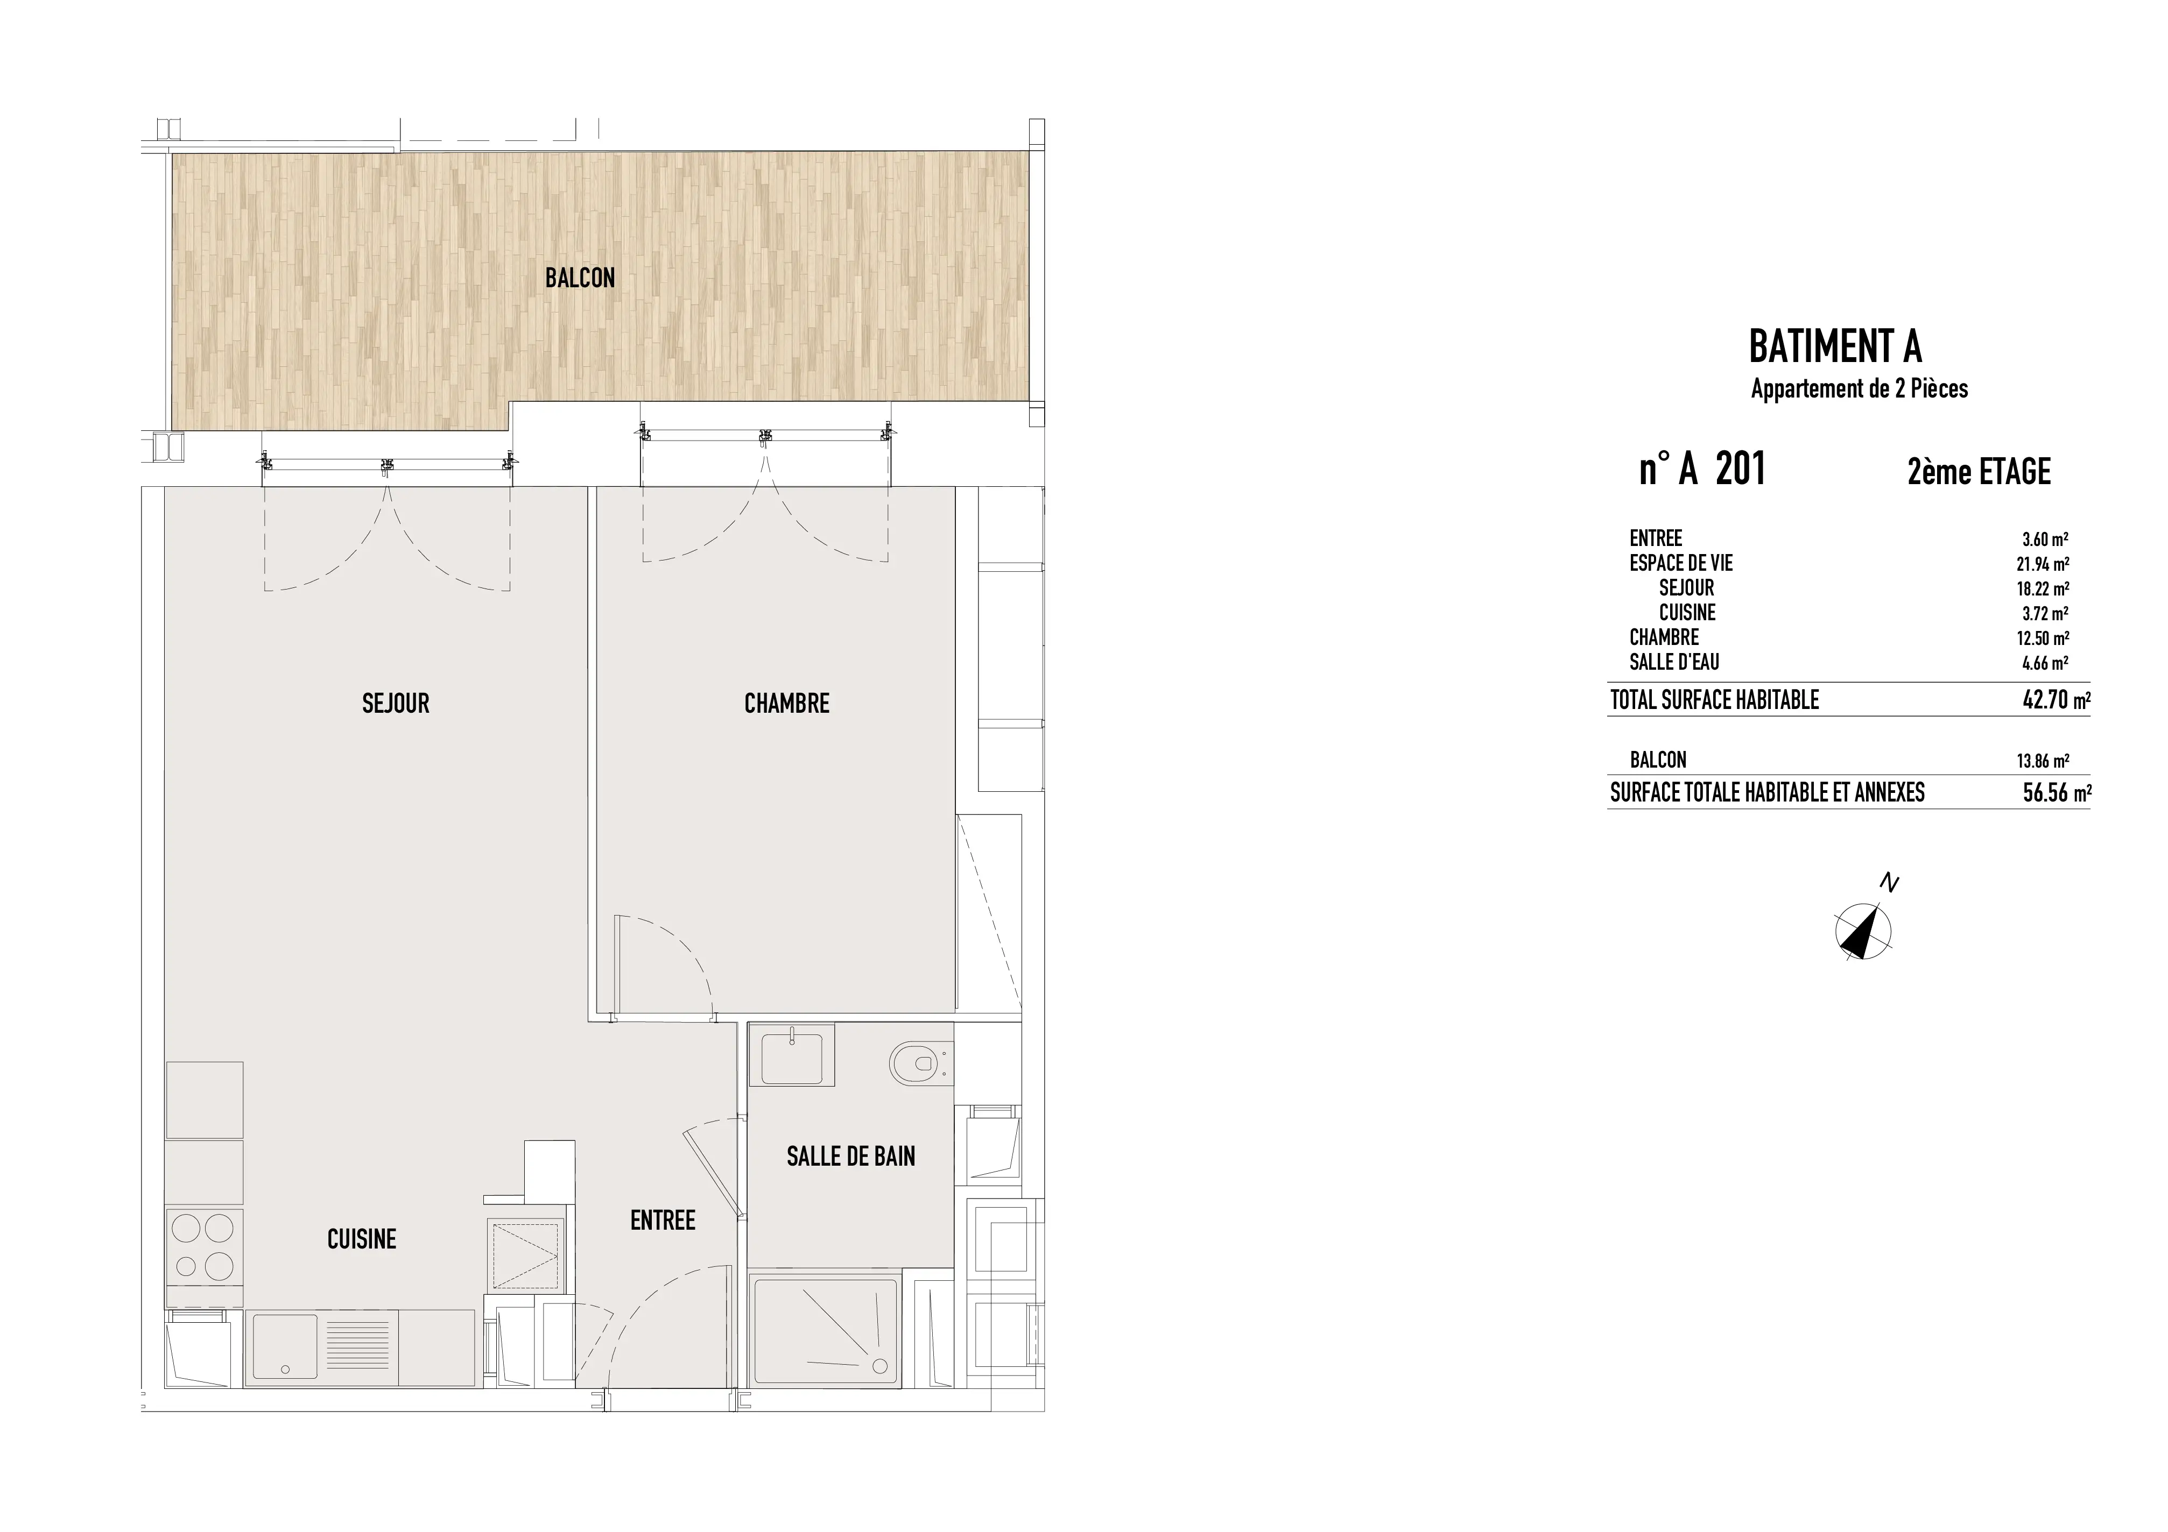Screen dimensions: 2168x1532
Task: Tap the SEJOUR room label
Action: point(396,703)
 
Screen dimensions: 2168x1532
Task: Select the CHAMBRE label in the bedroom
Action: point(786,703)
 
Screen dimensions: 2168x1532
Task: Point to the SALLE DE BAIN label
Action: point(851,1157)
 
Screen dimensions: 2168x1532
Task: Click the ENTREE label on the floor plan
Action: point(663,1221)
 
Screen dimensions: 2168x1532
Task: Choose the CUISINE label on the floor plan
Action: point(362,1239)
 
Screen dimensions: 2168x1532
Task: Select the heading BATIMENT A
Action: point(1835,346)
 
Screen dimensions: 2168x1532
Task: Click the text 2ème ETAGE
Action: point(1979,471)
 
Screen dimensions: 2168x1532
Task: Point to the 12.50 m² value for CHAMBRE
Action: point(2043,638)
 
